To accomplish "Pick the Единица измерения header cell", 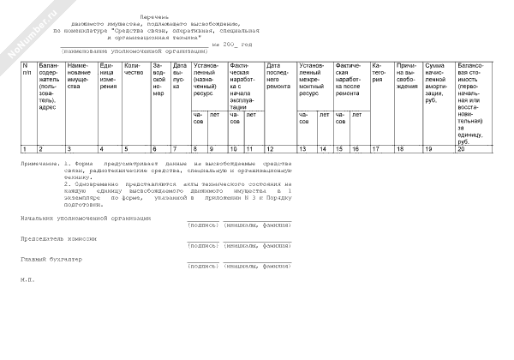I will coord(111,75).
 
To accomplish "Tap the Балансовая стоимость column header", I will coord(473,103).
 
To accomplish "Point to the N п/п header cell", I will coord(27,68).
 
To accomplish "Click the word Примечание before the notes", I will coord(41,163).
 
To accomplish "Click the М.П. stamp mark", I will coord(26,279).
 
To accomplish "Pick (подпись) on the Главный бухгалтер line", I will coord(202,266).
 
